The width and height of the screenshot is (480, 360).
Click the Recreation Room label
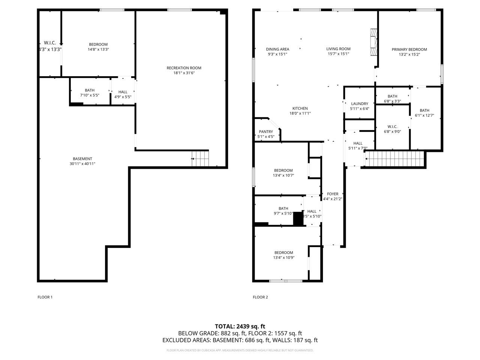coord(184,68)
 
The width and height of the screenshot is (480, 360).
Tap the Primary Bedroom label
coord(409,49)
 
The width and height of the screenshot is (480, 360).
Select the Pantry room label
coord(266,132)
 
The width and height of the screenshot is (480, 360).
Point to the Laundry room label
coord(360,104)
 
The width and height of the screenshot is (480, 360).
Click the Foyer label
coord(333,194)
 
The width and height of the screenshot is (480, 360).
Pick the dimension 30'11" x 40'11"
coord(82,164)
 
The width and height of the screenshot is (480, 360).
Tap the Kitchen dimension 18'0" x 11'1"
coord(300,113)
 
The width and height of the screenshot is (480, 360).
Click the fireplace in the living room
coord(373,42)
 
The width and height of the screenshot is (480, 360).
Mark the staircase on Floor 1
coord(200,159)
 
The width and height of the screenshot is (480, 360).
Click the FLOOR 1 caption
coord(45,297)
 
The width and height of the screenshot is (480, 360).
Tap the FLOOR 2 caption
coord(260,297)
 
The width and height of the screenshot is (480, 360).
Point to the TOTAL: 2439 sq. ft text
coord(240,326)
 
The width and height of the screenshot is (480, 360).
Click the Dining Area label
coord(277,49)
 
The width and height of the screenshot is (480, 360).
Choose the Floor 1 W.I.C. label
coord(50,43)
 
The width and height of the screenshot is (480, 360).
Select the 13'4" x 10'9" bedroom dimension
coord(283,258)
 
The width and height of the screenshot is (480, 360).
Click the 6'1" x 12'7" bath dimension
coord(424,115)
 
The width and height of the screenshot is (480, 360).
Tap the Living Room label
coord(338,49)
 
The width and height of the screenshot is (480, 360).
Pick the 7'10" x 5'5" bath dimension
coord(90,95)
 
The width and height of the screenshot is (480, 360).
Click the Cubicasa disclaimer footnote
coord(240,350)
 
